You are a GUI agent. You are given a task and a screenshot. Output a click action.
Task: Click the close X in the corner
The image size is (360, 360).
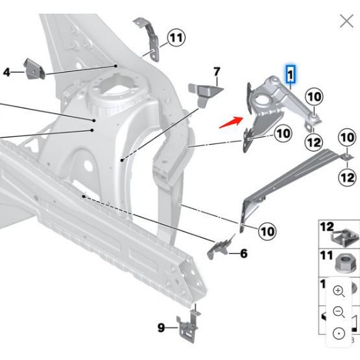[x=346, y=21]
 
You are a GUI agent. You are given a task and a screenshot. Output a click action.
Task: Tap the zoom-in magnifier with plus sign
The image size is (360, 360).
[x=339, y=291]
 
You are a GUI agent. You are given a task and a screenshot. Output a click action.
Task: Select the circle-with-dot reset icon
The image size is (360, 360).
[x=339, y=333]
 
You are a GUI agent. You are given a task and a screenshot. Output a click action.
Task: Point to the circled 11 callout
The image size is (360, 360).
[x=176, y=38]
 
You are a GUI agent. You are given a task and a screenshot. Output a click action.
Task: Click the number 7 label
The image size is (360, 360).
[x=217, y=71]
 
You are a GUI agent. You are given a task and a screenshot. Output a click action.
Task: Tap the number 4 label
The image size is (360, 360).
[x=7, y=71]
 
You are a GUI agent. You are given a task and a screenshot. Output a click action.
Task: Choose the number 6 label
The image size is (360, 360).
[x=244, y=253]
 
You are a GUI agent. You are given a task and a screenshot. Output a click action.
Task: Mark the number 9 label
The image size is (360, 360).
[x=162, y=328]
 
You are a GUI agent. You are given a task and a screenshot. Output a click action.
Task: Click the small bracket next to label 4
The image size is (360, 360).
[x=34, y=68]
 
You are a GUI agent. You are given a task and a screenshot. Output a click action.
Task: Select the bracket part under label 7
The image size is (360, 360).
[x=204, y=93]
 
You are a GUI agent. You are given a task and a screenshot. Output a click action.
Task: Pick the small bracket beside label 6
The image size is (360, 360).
[x=220, y=248]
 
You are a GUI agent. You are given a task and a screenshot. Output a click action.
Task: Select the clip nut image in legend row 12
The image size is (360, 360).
[x=342, y=237]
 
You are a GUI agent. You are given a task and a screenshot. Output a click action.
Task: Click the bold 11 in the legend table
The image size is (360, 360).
[x=326, y=256]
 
